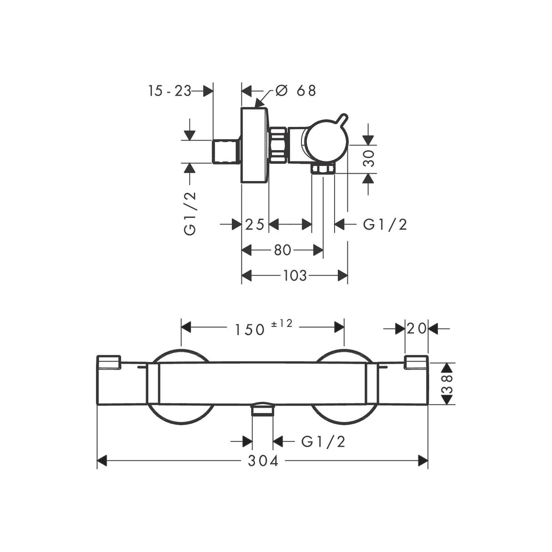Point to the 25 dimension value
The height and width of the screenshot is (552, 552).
pos(255,224)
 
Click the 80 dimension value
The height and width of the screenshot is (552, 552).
pos(282,250)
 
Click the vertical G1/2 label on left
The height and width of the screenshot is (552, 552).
pos(190,213)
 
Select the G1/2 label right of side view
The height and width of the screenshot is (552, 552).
pos(385,224)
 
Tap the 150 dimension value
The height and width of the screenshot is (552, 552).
pos(250,329)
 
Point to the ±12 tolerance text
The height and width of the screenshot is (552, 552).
pos(282,324)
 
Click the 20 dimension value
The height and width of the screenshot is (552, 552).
pos(417,328)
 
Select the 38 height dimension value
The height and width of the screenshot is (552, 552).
pos(448,383)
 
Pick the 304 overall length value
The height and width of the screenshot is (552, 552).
pos(263,461)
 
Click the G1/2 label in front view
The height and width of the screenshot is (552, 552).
pos(323,441)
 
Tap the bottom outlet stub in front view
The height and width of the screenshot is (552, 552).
pos(263,410)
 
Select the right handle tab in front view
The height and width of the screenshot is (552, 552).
pos(416,362)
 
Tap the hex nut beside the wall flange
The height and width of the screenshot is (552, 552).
pos(278,145)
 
